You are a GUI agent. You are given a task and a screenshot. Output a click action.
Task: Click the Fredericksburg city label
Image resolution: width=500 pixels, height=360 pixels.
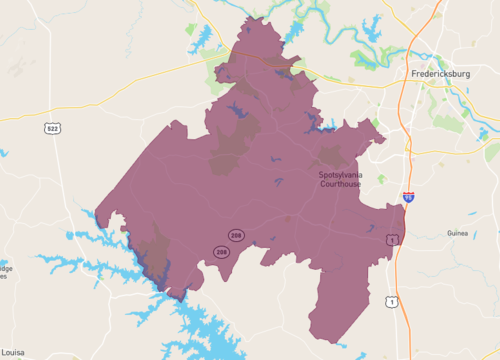(448, 74)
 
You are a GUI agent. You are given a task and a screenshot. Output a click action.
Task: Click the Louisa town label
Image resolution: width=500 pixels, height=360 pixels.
(13, 353)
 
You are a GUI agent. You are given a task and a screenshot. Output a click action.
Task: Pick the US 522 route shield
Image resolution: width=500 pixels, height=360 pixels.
(51, 128)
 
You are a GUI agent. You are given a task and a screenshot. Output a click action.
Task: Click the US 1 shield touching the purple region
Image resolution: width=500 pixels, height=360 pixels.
(392, 238)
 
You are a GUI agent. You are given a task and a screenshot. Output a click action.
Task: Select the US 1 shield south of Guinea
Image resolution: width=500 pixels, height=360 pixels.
(391, 300)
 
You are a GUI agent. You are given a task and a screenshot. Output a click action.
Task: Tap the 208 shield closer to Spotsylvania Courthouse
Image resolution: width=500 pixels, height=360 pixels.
(236, 235)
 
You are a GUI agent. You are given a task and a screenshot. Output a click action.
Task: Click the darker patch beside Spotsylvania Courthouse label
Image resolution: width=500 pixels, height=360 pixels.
(330, 157)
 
